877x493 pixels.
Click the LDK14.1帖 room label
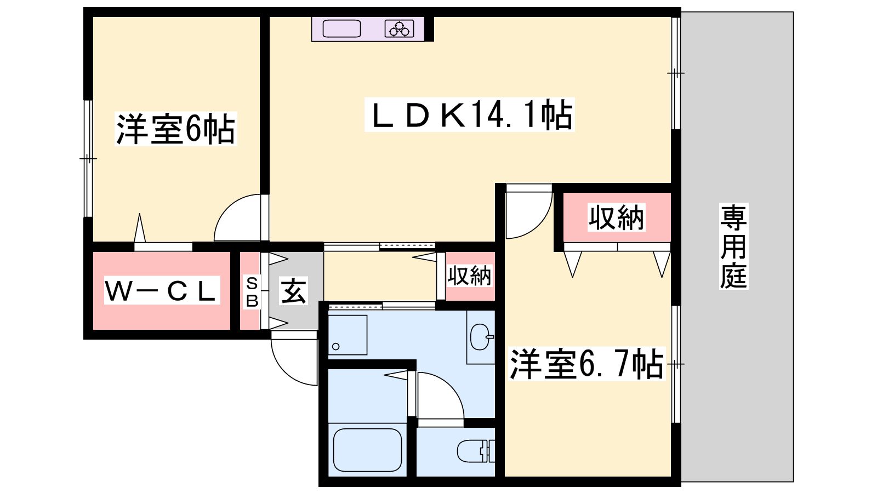(x=469, y=114)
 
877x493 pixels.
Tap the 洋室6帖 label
(x=176, y=129)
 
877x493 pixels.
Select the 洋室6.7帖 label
(x=587, y=364)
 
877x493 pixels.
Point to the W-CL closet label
(x=162, y=290)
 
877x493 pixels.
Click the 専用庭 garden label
(x=733, y=246)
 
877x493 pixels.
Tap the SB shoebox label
(x=252, y=291)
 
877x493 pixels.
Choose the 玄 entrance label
(x=294, y=291)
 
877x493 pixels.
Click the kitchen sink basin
(x=341, y=28)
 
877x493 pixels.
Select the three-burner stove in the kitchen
(x=400, y=28)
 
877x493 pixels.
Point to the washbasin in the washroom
(x=481, y=337)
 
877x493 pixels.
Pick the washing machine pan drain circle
(x=335, y=346)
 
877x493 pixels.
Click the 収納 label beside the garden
(x=616, y=217)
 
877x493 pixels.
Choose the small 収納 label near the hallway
(x=469, y=276)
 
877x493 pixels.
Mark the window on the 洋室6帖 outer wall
(x=88, y=158)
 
